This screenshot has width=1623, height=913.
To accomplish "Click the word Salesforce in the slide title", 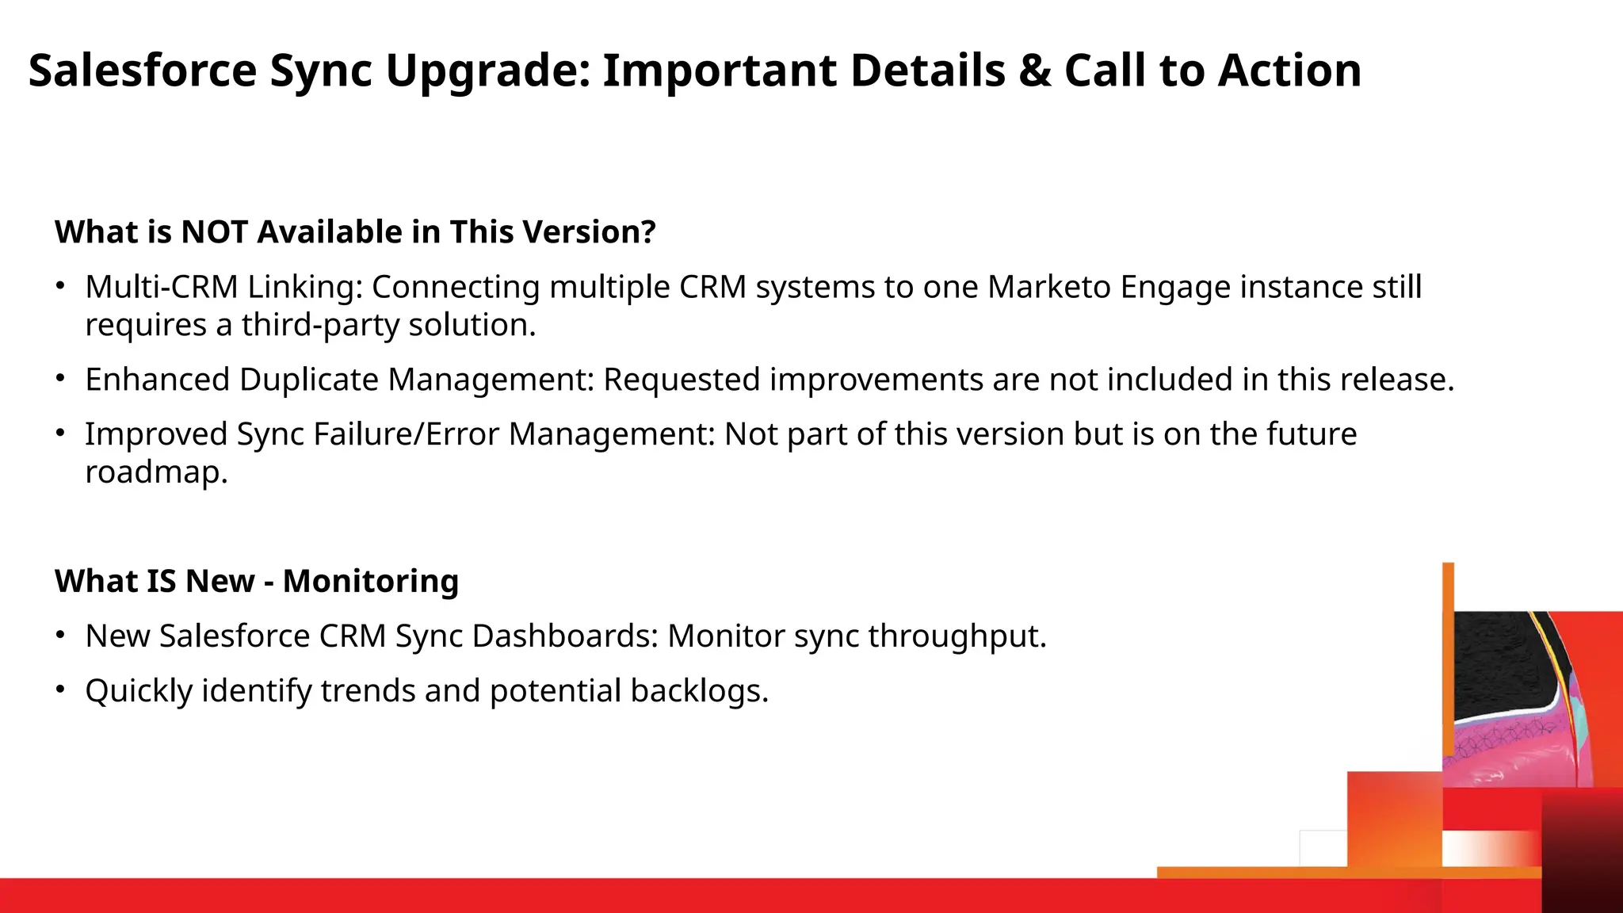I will tap(143, 71).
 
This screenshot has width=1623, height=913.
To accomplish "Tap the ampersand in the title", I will tap(1035, 71).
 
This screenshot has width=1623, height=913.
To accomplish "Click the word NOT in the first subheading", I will tap(214, 232).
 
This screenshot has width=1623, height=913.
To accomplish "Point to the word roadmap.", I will tap(156, 472).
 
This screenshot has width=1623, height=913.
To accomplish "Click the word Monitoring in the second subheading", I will tap(371, 581).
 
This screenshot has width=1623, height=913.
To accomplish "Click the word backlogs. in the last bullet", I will tap(699, 691).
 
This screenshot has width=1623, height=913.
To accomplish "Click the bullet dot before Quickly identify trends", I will tap(60, 690).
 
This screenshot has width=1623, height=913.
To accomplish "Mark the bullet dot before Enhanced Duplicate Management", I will tap(60, 379).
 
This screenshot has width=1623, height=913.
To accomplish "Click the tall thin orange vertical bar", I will tap(1448, 666).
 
